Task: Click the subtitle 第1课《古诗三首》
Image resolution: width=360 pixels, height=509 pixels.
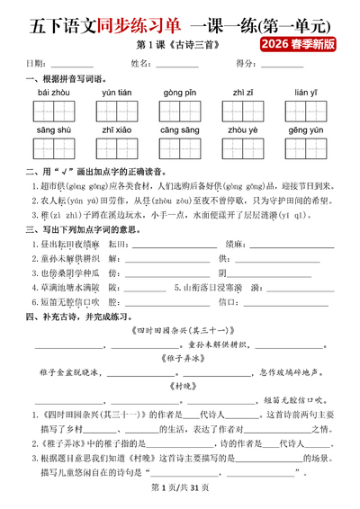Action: click(x=179, y=43)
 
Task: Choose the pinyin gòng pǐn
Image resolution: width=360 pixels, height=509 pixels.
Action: click(x=180, y=93)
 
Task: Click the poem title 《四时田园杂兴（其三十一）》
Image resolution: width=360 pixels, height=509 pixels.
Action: click(x=180, y=330)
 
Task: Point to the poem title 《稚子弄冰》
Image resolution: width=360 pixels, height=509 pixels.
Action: click(x=180, y=357)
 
